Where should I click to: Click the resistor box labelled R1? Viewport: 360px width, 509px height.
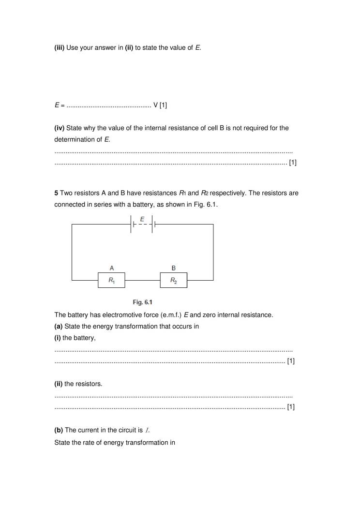[111, 280]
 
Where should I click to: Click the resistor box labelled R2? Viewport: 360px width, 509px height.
[173, 280]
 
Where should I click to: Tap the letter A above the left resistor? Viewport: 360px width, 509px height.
[112, 268]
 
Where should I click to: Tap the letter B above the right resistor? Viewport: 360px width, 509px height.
[174, 268]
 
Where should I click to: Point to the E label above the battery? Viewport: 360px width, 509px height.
[142, 219]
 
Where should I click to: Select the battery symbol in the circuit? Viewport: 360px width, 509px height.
[142, 225]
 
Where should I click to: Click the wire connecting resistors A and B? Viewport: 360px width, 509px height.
[142, 280]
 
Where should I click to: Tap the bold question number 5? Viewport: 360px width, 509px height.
[56, 193]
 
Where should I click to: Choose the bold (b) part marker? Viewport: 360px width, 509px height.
[59, 430]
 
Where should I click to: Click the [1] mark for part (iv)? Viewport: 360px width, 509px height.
[292, 163]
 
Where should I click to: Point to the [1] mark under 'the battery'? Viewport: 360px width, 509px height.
[291, 361]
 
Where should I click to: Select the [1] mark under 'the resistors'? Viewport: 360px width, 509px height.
[291, 407]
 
